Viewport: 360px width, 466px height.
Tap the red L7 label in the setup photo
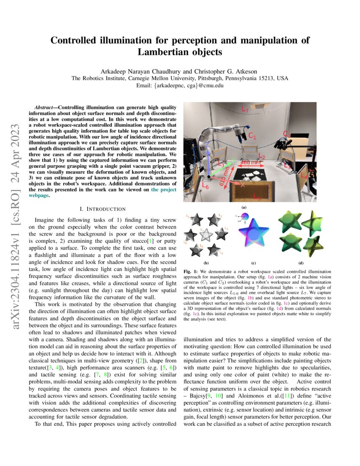click(x=245, y=109)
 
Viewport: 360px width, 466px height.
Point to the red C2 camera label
click(x=287, y=135)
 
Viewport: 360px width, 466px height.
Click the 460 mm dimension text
click(x=251, y=162)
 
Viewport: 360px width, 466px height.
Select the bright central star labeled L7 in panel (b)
click(x=206, y=235)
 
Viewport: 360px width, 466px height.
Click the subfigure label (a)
click(x=244, y=208)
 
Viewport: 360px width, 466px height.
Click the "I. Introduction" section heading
click(x=102, y=209)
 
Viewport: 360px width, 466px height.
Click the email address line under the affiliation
click(x=180, y=85)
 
